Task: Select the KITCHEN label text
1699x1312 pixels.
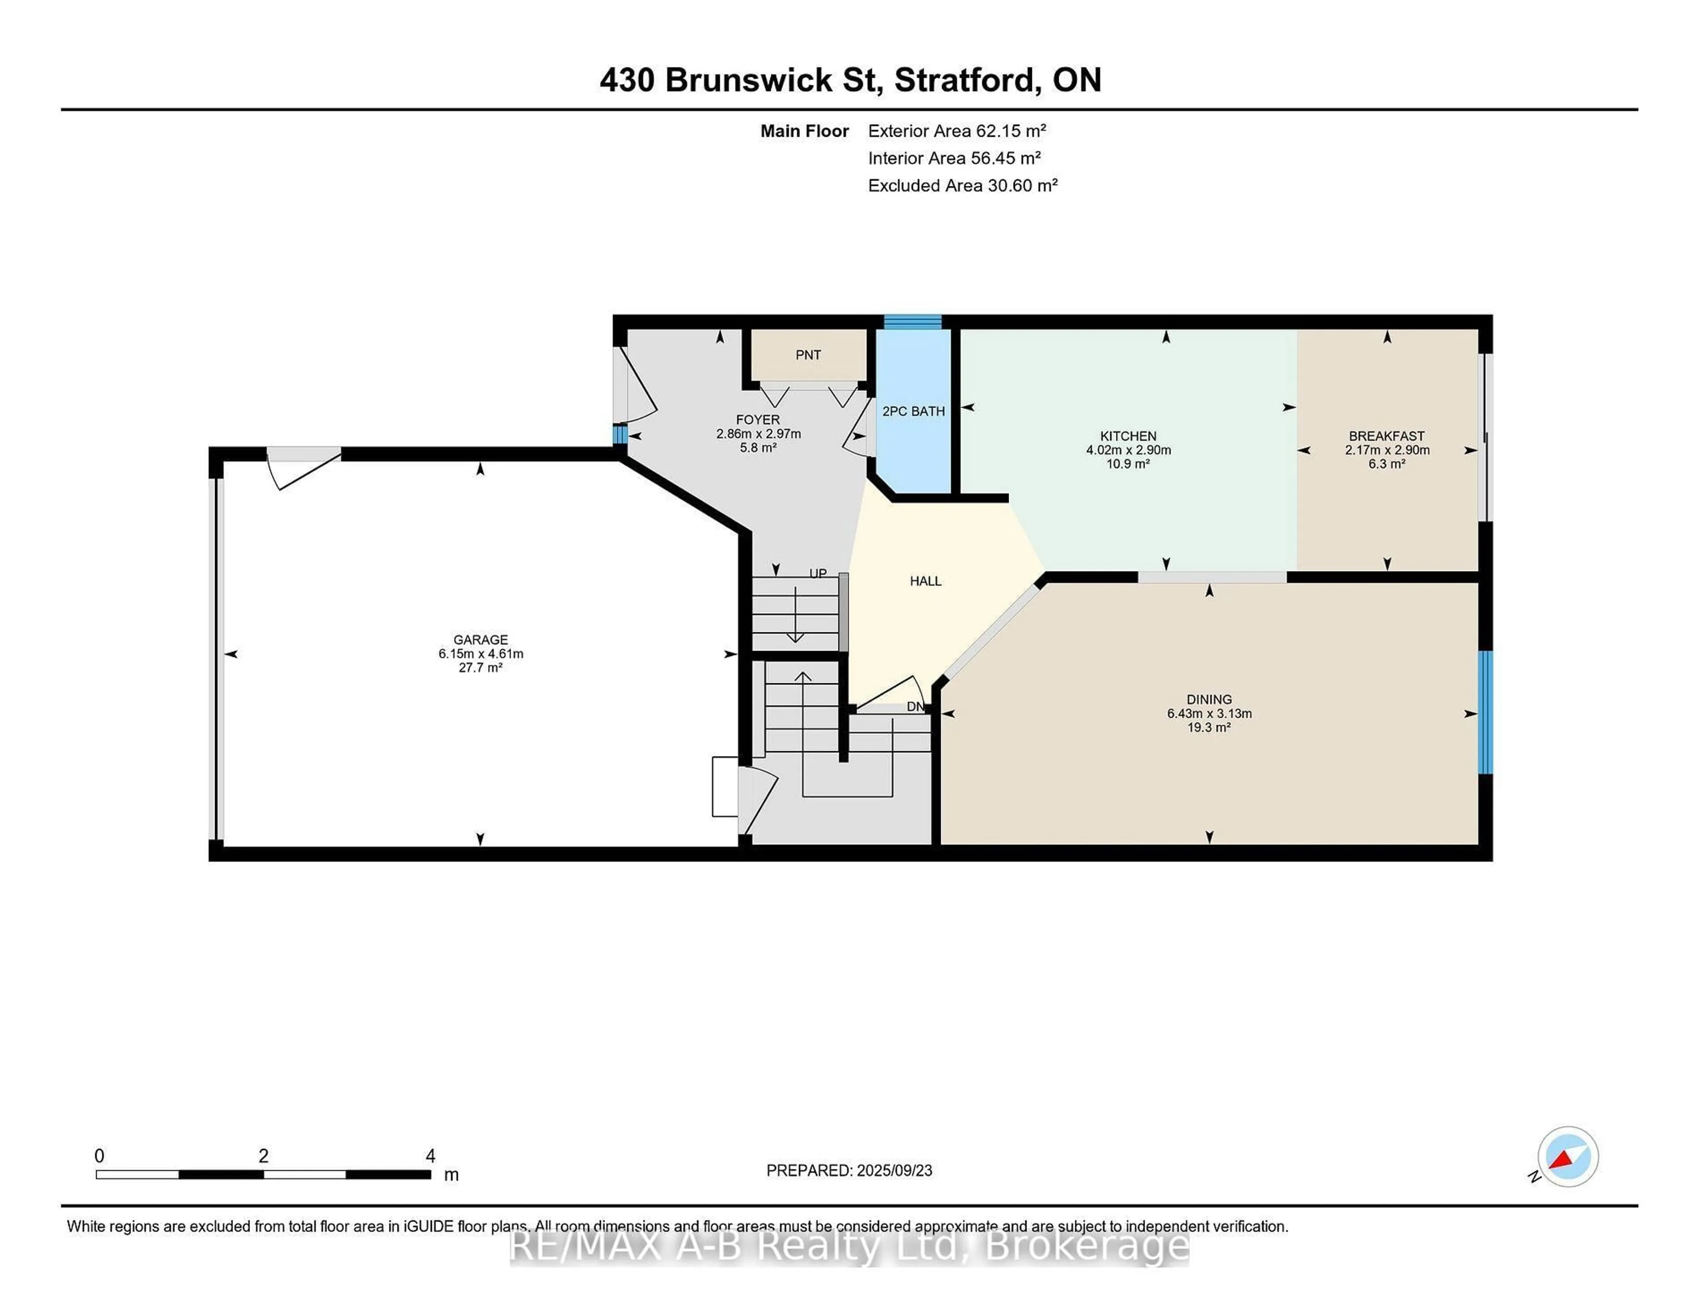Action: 1127,436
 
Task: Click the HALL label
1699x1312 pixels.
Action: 925,581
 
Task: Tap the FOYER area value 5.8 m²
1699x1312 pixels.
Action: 758,448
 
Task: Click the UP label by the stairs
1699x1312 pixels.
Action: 818,574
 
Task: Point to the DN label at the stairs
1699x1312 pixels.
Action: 915,707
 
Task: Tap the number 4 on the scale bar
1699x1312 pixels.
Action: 430,1155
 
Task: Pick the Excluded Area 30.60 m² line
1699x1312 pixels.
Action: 962,185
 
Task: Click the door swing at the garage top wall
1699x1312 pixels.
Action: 304,467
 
